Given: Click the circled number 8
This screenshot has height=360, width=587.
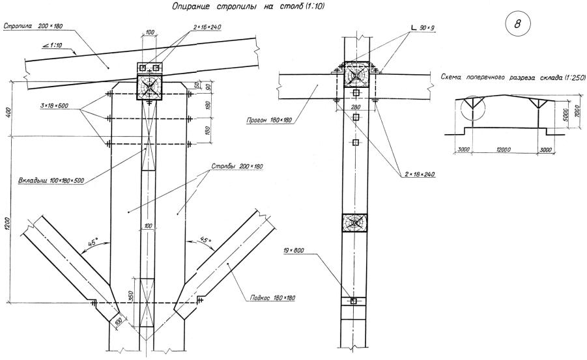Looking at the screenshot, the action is point(518,24).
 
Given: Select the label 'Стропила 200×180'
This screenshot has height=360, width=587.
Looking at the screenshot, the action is point(33,26).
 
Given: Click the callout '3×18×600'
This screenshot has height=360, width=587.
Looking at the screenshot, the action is point(54,106).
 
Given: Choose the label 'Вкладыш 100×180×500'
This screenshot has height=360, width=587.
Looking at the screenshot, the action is point(51,181).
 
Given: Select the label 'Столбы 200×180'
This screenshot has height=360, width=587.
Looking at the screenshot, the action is point(237,166).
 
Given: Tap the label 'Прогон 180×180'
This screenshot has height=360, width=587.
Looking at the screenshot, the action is point(269,120).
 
